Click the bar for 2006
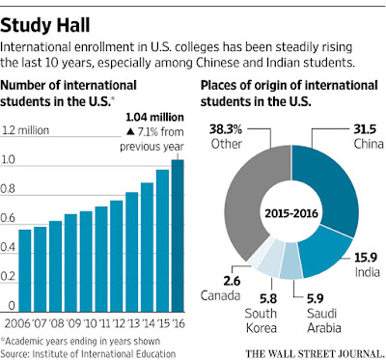(25, 270)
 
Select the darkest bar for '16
(178, 235)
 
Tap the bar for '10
(86, 262)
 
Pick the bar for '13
(132, 252)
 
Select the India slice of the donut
(325, 254)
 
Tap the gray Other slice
(248, 193)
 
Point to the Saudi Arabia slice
(290, 262)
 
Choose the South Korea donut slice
(271, 258)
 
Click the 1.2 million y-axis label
(26, 130)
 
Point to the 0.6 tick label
(8, 218)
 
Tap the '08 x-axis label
(57, 323)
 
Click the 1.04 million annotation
(154, 117)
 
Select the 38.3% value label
(226, 129)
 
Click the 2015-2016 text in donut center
(291, 213)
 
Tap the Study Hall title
(45, 25)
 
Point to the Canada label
(220, 295)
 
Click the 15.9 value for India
(366, 258)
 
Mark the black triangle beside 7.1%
(129, 131)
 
